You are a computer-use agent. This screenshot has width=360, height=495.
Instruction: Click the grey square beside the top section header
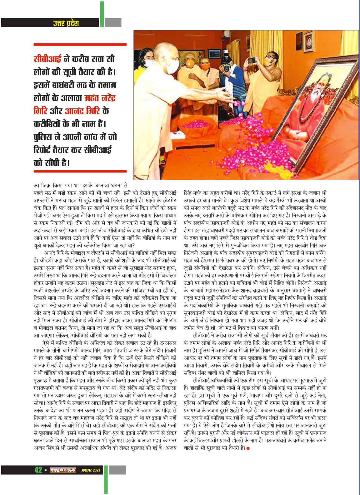pos(113,23)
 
